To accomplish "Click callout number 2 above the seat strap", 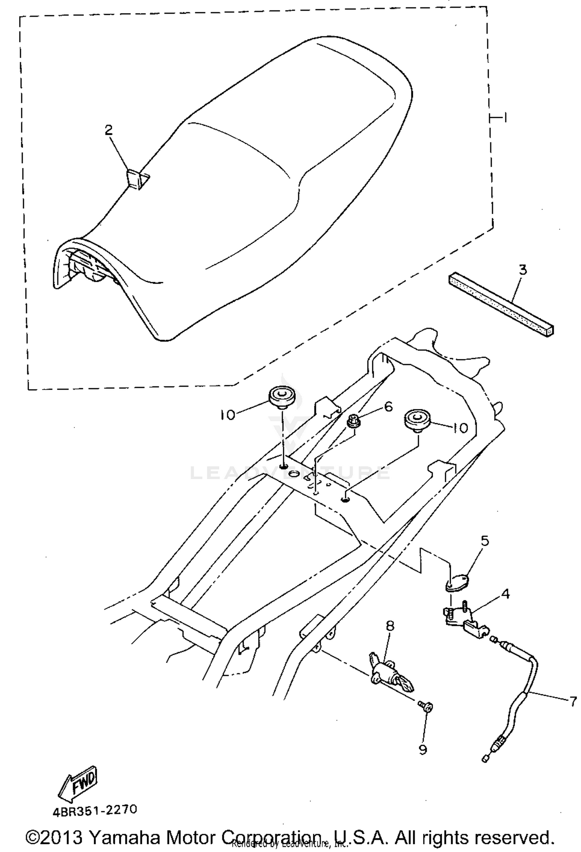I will point(108,130).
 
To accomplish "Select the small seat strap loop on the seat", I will point(136,180).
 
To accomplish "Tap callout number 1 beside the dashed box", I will point(505,117).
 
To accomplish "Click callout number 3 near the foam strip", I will point(523,270).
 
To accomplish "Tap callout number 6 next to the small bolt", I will point(388,407).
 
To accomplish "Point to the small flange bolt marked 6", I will point(353,421).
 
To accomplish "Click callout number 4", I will point(505,594).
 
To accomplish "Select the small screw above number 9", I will point(426,706).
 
